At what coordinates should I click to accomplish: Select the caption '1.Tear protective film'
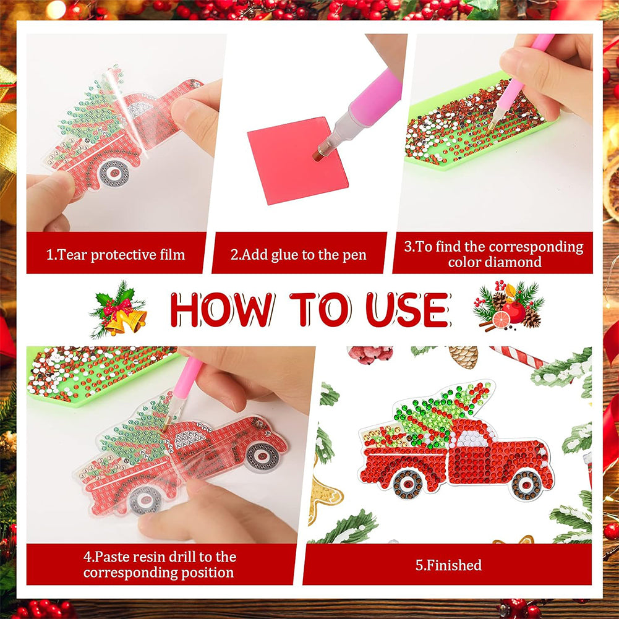click(116, 255)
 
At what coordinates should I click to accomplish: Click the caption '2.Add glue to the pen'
click(299, 255)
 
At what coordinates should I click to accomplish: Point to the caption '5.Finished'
click(448, 565)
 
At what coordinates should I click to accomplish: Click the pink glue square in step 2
click(297, 161)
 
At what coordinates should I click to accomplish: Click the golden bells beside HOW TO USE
click(126, 320)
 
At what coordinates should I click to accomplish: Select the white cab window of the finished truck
click(474, 438)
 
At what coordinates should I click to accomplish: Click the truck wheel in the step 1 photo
click(114, 173)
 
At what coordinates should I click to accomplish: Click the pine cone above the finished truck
click(463, 357)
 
